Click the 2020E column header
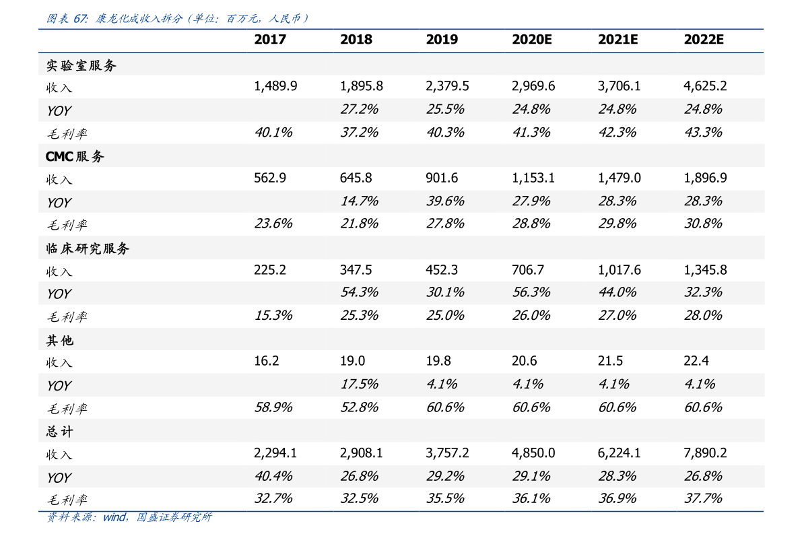(x=531, y=40)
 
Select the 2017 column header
(x=269, y=40)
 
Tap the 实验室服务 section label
(x=81, y=65)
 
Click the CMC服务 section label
(x=75, y=157)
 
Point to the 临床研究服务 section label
(x=88, y=248)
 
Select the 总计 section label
(x=59, y=432)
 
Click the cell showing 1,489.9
(x=275, y=86)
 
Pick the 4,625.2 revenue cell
(x=705, y=86)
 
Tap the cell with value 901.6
(x=442, y=178)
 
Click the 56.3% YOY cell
(x=531, y=292)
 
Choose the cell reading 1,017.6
(x=619, y=270)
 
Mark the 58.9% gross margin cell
(x=273, y=407)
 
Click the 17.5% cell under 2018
(x=359, y=384)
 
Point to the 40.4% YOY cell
(x=273, y=476)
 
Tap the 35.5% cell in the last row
(x=445, y=498)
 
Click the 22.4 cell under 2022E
(x=696, y=362)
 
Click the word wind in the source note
(x=114, y=517)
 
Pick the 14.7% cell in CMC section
(x=359, y=201)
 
